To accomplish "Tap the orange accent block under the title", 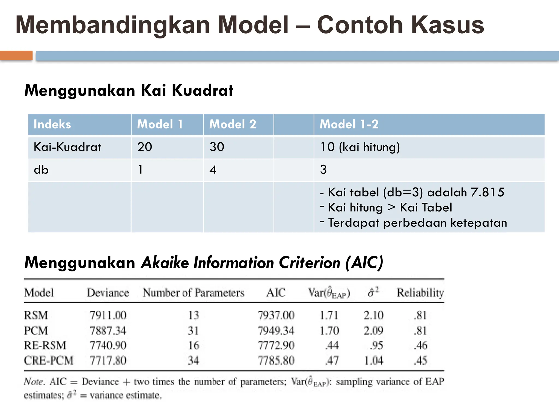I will pyautogui.click(x=16, y=56).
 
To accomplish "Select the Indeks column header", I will pyautogui.click(x=52, y=124).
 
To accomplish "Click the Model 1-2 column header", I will pyautogui.click(x=349, y=124).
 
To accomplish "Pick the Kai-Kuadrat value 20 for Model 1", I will pyautogui.click(x=145, y=147).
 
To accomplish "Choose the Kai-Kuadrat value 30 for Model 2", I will pyautogui.click(x=217, y=147).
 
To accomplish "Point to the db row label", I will pyautogui.click(x=41, y=170).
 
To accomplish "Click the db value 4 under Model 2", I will pyautogui.click(x=213, y=170).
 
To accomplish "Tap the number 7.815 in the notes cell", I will pyautogui.click(x=487, y=192).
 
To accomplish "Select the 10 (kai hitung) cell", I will pyautogui.click(x=360, y=147).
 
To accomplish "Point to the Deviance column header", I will pyautogui.click(x=108, y=293).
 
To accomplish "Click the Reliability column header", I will pyautogui.click(x=420, y=293).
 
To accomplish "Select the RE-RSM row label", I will pyautogui.click(x=45, y=346).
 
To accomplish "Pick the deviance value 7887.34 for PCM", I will pyautogui.click(x=108, y=331).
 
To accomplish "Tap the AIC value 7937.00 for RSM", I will pyautogui.click(x=276, y=316).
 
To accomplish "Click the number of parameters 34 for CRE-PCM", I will pyautogui.click(x=193, y=361).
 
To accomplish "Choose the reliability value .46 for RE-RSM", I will pyautogui.click(x=421, y=346).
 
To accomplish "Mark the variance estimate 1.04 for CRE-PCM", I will pyautogui.click(x=374, y=361).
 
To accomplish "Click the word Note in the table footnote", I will pyautogui.click(x=34, y=381).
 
